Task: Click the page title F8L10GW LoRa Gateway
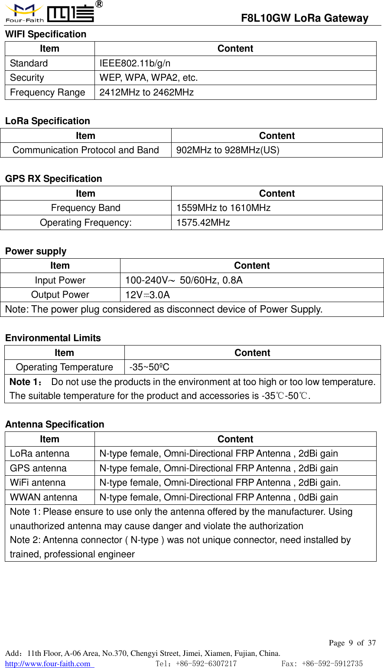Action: pyautogui.click(x=304, y=18)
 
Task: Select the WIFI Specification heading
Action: pyautogui.click(x=46, y=34)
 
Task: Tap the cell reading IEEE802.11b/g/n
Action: pyautogui.click(x=135, y=63)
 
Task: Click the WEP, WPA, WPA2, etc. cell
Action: pyautogui.click(x=149, y=78)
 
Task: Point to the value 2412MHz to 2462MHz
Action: pyautogui.click(x=146, y=92)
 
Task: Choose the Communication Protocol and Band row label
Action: pyautogui.click(x=86, y=150)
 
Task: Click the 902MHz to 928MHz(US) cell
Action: pyautogui.click(x=228, y=150)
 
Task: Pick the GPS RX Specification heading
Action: pyautogui.click(x=54, y=179)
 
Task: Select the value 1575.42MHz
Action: pyautogui.click(x=203, y=223)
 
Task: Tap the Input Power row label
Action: pyautogui.click(x=60, y=280)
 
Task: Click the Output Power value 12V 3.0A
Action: pyautogui.click(x=147, y=295)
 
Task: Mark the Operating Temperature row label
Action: pyautogui.click(x=65, y=367)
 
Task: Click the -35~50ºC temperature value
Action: pyautogui.click(x=149, y=367)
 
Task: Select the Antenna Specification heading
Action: pyautogui.click(x=55, y=424)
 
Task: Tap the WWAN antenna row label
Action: pyautogui.click(x=44, y=497)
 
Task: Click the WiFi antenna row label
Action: pyautogui.click(x=38, y=483)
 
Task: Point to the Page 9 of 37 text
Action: pyautogui.click(x=352, y=643)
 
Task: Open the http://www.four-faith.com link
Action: pyautogui.click(x=48, y=664)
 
